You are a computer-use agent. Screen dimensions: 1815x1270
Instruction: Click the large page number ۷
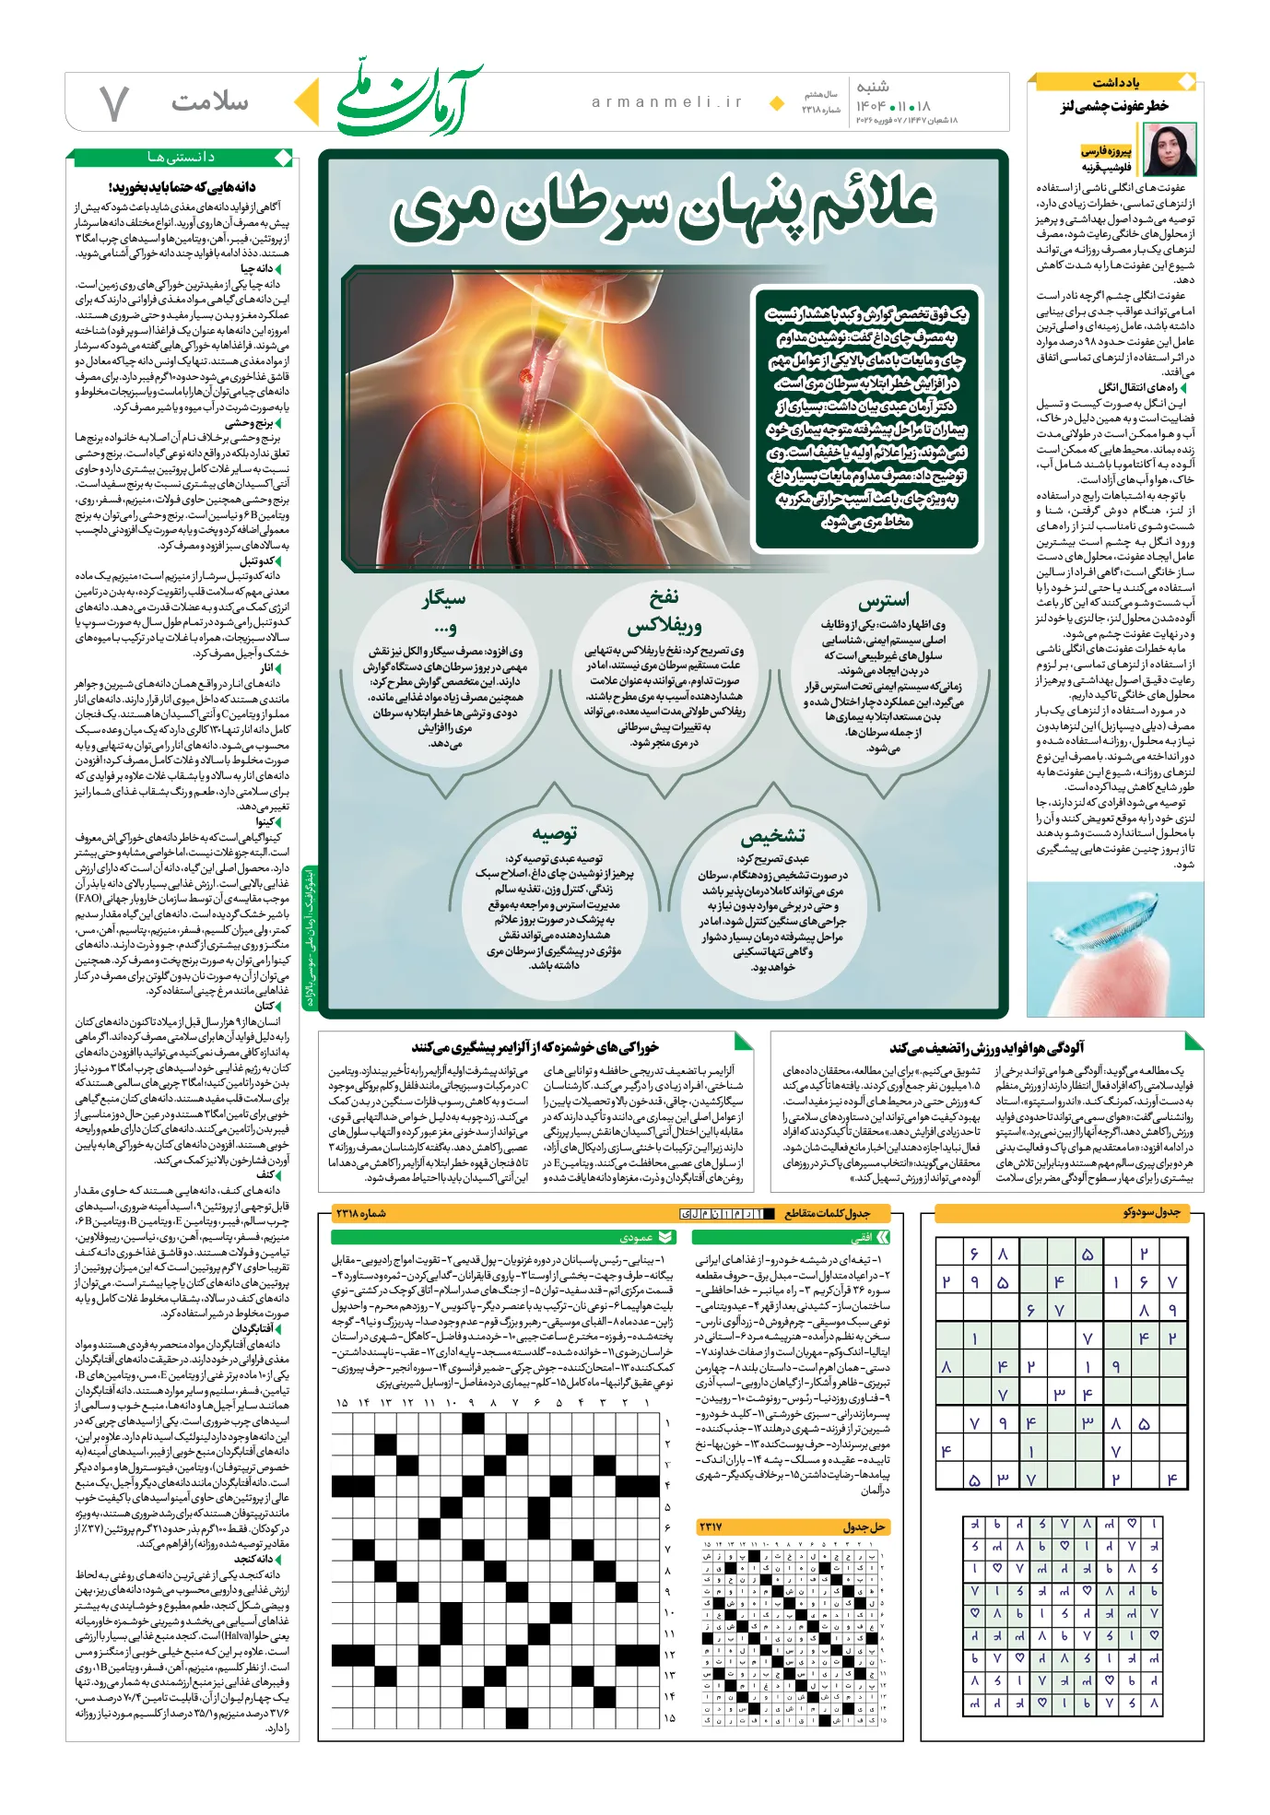(112, 103)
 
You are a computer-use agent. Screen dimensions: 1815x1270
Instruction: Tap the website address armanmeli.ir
(666, 102)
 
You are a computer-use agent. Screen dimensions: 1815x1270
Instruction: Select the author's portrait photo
(1169, 151)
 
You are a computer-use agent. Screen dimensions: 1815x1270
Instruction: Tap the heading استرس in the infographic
(883, 601)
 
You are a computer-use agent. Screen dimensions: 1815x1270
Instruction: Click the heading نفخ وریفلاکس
(664, 611)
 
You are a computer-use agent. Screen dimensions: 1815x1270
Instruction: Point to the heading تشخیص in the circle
(772, 836)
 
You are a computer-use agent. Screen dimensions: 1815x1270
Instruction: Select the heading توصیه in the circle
(554, 834)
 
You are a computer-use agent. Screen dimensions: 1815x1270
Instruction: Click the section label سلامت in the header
(209, 101)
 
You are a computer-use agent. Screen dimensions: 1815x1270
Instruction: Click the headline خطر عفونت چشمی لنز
(1113, 107)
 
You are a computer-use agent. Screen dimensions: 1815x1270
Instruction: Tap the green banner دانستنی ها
(180, 158)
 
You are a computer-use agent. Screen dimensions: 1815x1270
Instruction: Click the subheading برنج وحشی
(250, 423)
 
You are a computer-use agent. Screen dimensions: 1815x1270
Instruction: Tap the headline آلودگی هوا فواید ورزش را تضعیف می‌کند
(986, 1047)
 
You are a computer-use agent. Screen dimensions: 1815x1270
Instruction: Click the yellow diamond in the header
(777, 102)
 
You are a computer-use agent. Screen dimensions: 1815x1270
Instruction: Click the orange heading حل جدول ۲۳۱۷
(863, 1527)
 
